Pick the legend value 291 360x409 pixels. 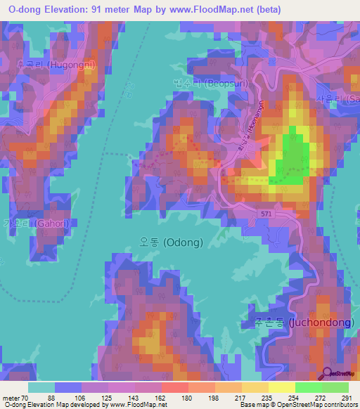[347, 397]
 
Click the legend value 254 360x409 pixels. [293, 397]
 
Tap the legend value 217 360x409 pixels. [240, 397]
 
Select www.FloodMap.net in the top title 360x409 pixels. [220, 10]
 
